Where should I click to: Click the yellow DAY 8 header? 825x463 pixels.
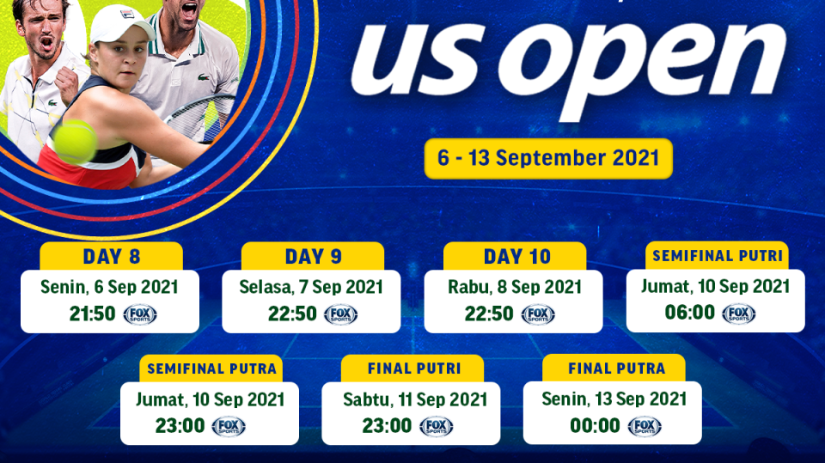112,256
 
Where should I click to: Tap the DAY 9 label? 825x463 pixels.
313,256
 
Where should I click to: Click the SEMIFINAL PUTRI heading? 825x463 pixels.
717,256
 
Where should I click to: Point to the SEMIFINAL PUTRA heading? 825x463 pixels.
211,369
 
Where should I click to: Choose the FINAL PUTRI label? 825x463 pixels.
413,369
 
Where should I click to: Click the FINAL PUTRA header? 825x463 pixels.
615,369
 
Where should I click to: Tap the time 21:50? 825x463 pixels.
92,314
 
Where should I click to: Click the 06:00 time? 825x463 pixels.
690,313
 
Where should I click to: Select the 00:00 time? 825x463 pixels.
595,426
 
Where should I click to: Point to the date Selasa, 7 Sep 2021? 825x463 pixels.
312,286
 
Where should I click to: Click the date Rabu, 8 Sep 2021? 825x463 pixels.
515,286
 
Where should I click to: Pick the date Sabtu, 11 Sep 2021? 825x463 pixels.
414,399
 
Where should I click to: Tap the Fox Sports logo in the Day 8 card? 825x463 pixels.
140,314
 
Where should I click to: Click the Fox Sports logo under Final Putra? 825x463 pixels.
645,426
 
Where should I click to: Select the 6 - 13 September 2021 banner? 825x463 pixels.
548,158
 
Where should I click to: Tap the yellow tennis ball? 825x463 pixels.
76,141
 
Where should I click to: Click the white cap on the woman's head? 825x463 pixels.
121,24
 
